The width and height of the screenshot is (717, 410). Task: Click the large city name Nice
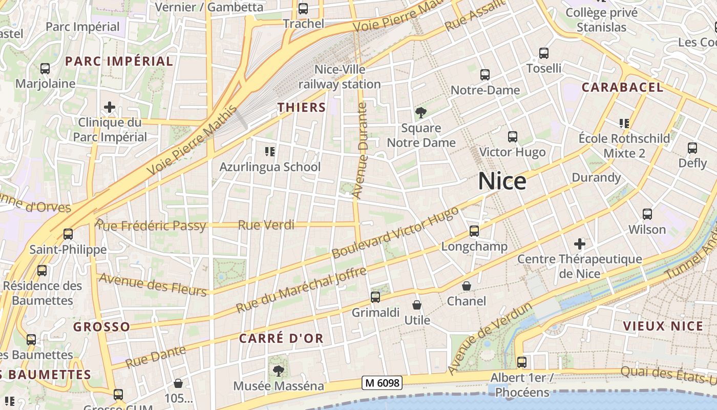502,181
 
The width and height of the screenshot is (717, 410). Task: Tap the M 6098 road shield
382,382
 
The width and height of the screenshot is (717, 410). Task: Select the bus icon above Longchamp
474,231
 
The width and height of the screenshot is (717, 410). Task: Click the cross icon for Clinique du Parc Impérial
109,107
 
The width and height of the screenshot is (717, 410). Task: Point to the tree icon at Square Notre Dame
421,112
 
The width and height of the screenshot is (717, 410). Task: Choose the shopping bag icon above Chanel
467,286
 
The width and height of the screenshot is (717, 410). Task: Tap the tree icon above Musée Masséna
279,370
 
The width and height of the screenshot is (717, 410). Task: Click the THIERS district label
302,107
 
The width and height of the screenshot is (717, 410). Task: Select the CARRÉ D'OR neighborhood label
281,338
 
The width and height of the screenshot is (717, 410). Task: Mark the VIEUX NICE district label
663,326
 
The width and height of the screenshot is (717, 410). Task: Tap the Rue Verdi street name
266,224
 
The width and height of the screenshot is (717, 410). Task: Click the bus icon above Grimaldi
375,297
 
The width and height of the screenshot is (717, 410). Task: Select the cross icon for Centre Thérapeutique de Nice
580,243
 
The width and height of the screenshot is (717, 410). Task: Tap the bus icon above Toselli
544,53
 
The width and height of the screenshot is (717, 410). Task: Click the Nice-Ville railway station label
340,76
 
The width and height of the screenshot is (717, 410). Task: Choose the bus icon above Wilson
647,214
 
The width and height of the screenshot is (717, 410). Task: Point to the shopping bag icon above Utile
417,305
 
